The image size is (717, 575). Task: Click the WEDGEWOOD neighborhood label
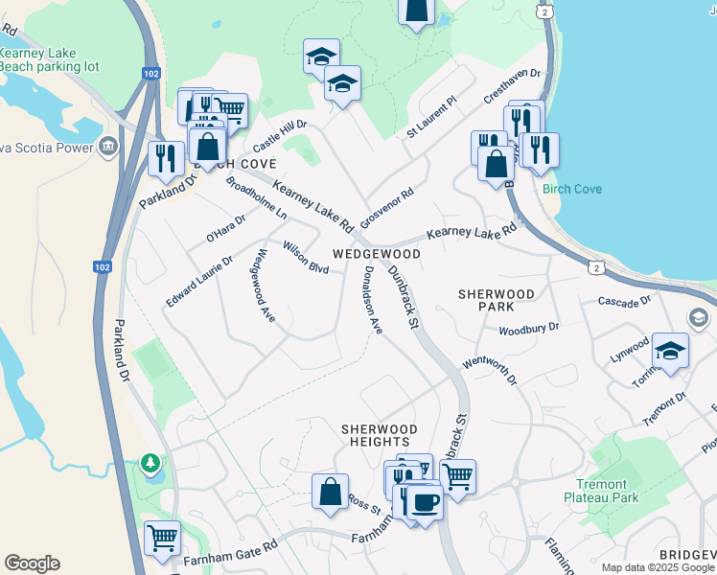[377, 254]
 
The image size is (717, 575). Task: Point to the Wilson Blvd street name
[306, 257]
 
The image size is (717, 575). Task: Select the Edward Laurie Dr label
[199, 281]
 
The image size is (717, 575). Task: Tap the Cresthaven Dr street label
[513, 83]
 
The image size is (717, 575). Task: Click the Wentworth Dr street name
[490, 369]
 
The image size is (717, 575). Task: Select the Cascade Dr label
[625, 302]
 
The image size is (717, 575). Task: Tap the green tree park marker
[150, 464]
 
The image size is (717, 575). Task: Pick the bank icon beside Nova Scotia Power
[107, 147]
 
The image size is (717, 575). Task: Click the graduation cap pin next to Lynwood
[670, 351]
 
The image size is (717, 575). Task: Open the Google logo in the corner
[32, 563]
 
